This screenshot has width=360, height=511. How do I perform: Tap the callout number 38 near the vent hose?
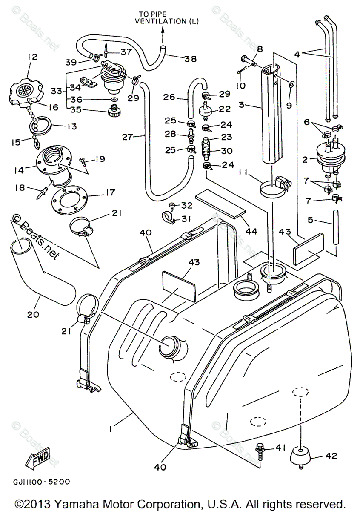[x=191, y=59]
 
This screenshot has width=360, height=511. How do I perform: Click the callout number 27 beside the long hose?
[x=127, y=137]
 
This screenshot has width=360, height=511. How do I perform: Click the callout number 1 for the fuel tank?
[x=111, y=429]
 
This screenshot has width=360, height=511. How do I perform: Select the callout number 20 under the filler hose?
[x=33, y=315]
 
